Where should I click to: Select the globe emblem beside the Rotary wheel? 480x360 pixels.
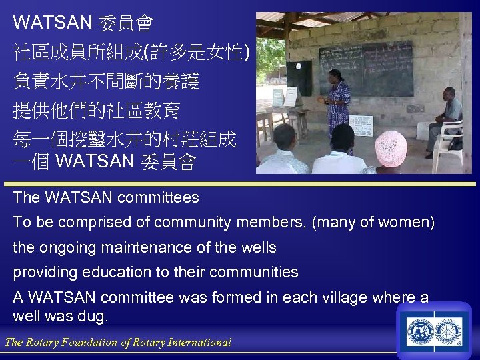(x=421, y=333)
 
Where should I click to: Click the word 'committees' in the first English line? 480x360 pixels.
(x=158, y=197)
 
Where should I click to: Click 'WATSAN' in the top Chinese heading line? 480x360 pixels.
(x=52, y=23)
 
